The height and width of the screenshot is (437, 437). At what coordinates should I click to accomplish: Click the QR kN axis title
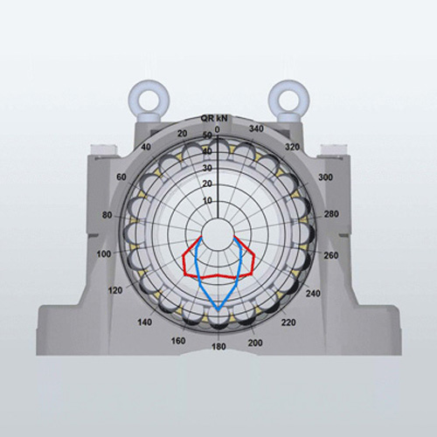click(x=214, y=118)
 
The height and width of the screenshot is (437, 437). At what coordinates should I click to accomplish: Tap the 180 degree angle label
click(x=218, y=347)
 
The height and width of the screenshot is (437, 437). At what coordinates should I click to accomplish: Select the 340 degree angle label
click(x=256, y=128)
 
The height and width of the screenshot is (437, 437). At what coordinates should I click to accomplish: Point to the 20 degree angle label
click(x=183, y=134)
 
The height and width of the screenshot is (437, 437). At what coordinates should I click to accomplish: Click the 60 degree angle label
click(x=121, y=177)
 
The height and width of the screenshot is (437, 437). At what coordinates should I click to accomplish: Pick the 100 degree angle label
click(x=104, y=254)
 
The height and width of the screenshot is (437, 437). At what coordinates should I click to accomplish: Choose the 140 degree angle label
click(x=145, y=323)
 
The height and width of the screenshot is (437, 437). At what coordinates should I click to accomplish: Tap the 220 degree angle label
click(x=288, y=323)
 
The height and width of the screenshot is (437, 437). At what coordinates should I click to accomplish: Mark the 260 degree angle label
click(x=331, y=255)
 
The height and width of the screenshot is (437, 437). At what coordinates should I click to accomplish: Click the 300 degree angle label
click(x=325, y=177)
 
